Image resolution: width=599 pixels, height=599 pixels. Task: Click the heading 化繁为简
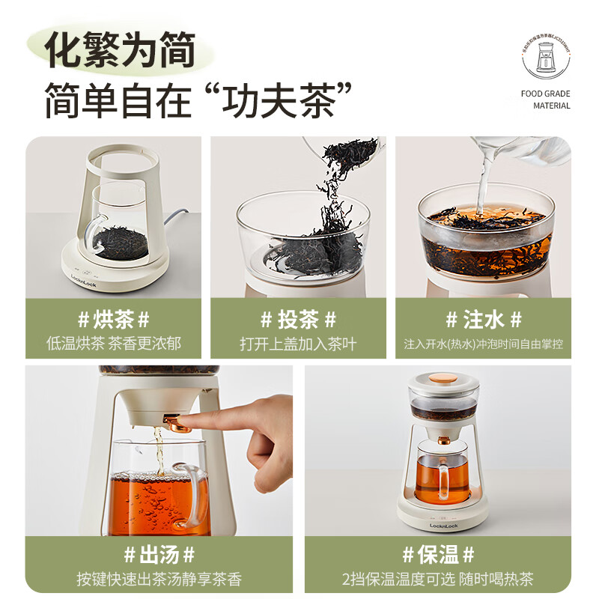120,50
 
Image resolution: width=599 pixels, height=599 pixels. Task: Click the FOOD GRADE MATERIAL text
546,100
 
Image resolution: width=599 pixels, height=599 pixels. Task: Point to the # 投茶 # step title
298,320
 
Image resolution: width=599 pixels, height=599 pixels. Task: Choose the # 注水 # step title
483,320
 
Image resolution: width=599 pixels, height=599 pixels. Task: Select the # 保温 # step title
437,556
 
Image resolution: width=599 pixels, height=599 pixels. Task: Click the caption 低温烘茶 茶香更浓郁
113,344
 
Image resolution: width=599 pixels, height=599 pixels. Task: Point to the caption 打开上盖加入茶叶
298,344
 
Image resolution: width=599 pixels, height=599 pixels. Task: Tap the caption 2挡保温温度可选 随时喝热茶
437,580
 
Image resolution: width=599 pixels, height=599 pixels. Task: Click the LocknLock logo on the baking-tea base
85,276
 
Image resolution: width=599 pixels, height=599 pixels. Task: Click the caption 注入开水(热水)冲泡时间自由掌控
483,344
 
